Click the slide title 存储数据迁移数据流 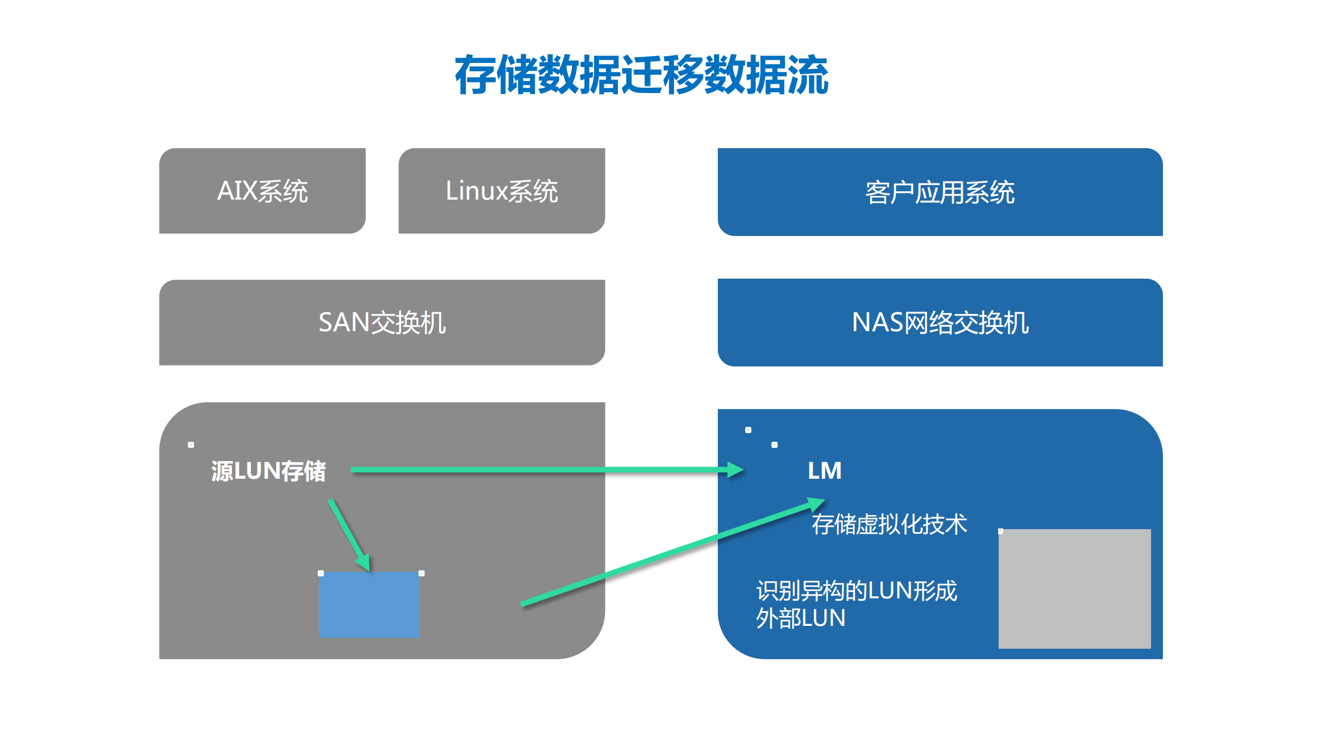(641, 75)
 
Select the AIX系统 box (262, 191)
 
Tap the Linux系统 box (501, 191)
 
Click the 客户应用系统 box (939, 192)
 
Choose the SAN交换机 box (382, 322)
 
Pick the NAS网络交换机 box (939, 322)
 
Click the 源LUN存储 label (268, 471)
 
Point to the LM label (824, 470)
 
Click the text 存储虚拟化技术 (889, 524)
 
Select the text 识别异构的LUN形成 (856, 590)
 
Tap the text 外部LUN (800, 618)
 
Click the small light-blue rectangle (369, 605)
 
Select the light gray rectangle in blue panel (1074, 588)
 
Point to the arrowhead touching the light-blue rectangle (364, 562)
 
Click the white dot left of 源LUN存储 (191, 445)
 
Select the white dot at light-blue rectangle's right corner (421, 573)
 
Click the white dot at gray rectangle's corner (1000, 531)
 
